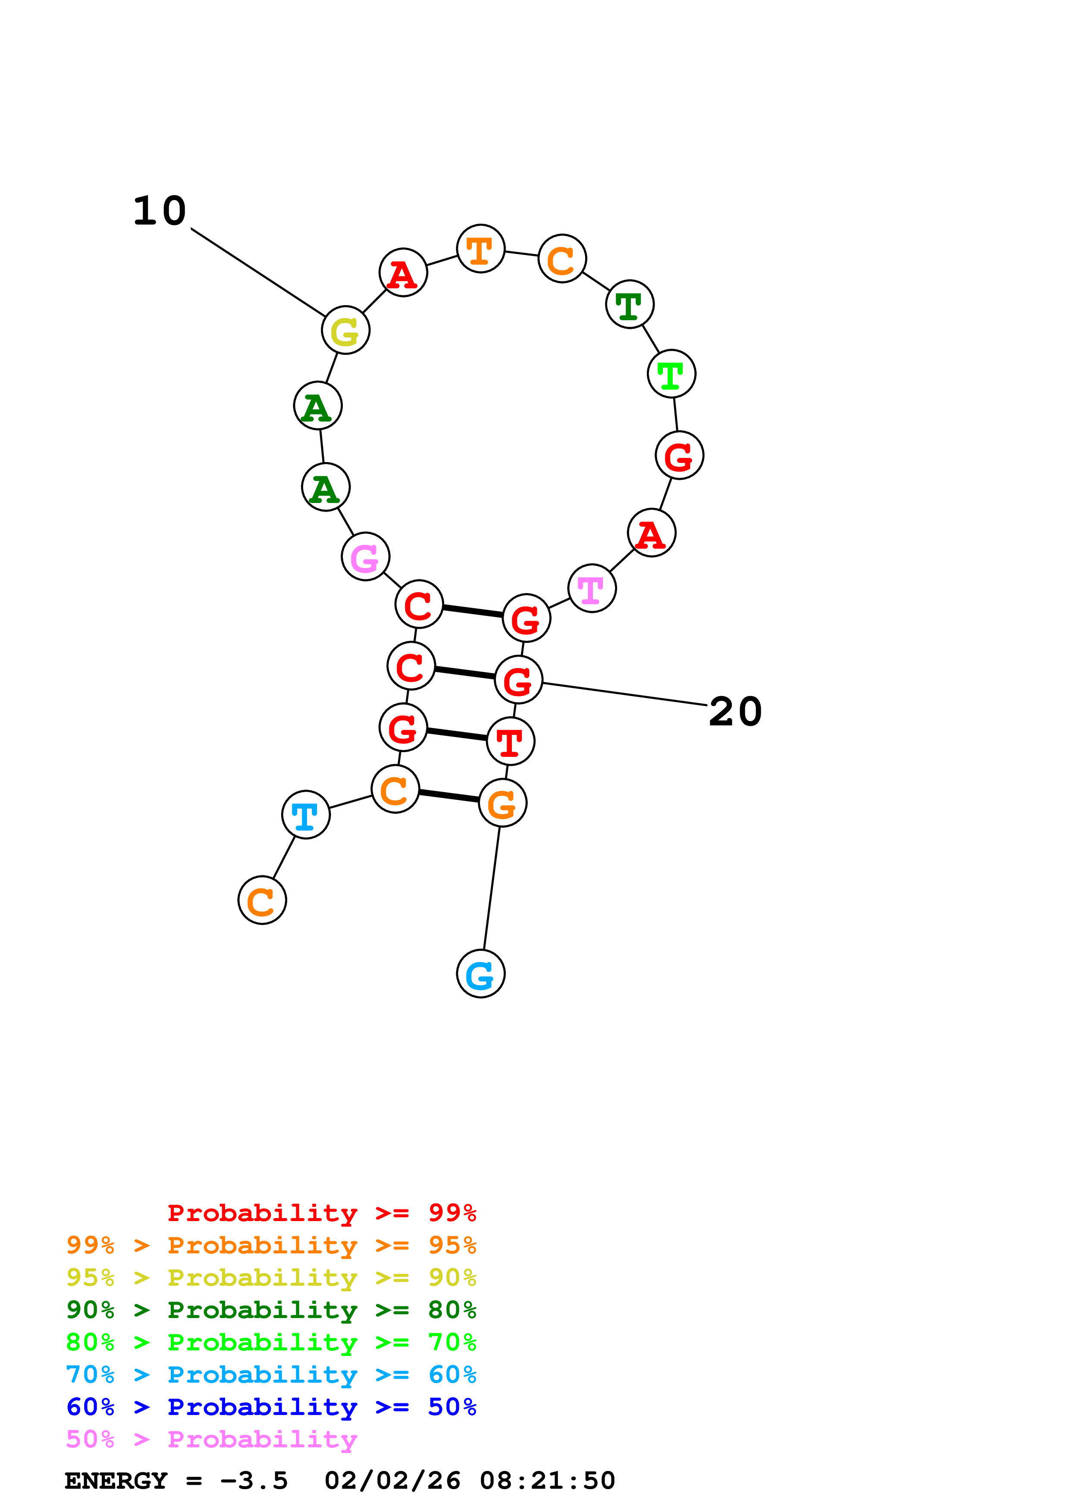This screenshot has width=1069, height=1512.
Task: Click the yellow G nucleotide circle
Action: click(345, 330)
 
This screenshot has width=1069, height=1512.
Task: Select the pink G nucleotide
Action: click(365, 556)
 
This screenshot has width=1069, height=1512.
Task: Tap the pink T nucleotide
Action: click(592, 588)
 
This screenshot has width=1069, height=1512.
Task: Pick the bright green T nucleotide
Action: click(671, 373)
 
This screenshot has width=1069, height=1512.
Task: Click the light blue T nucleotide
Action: click(306, 815)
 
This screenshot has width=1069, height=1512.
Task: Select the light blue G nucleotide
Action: click(480, 973)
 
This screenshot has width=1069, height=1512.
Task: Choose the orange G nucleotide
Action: click(502, 803)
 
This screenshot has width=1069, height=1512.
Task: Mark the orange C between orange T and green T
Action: click(562, 258)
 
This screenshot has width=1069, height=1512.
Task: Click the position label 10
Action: click(160, 211)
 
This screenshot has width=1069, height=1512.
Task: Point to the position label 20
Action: click(735, 712)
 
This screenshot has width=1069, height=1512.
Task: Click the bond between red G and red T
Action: click(457, 734)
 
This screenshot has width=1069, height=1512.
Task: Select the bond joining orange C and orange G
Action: click(448, 796)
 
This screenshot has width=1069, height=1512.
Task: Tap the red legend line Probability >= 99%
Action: click(321, 1213)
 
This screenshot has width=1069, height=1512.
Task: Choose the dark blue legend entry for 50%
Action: click(271, 1407)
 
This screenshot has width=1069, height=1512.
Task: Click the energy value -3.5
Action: click(254, 1481)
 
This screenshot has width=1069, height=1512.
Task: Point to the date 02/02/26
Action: click(392, 1481)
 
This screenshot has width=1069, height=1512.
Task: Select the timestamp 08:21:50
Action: click(547, 1481)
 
